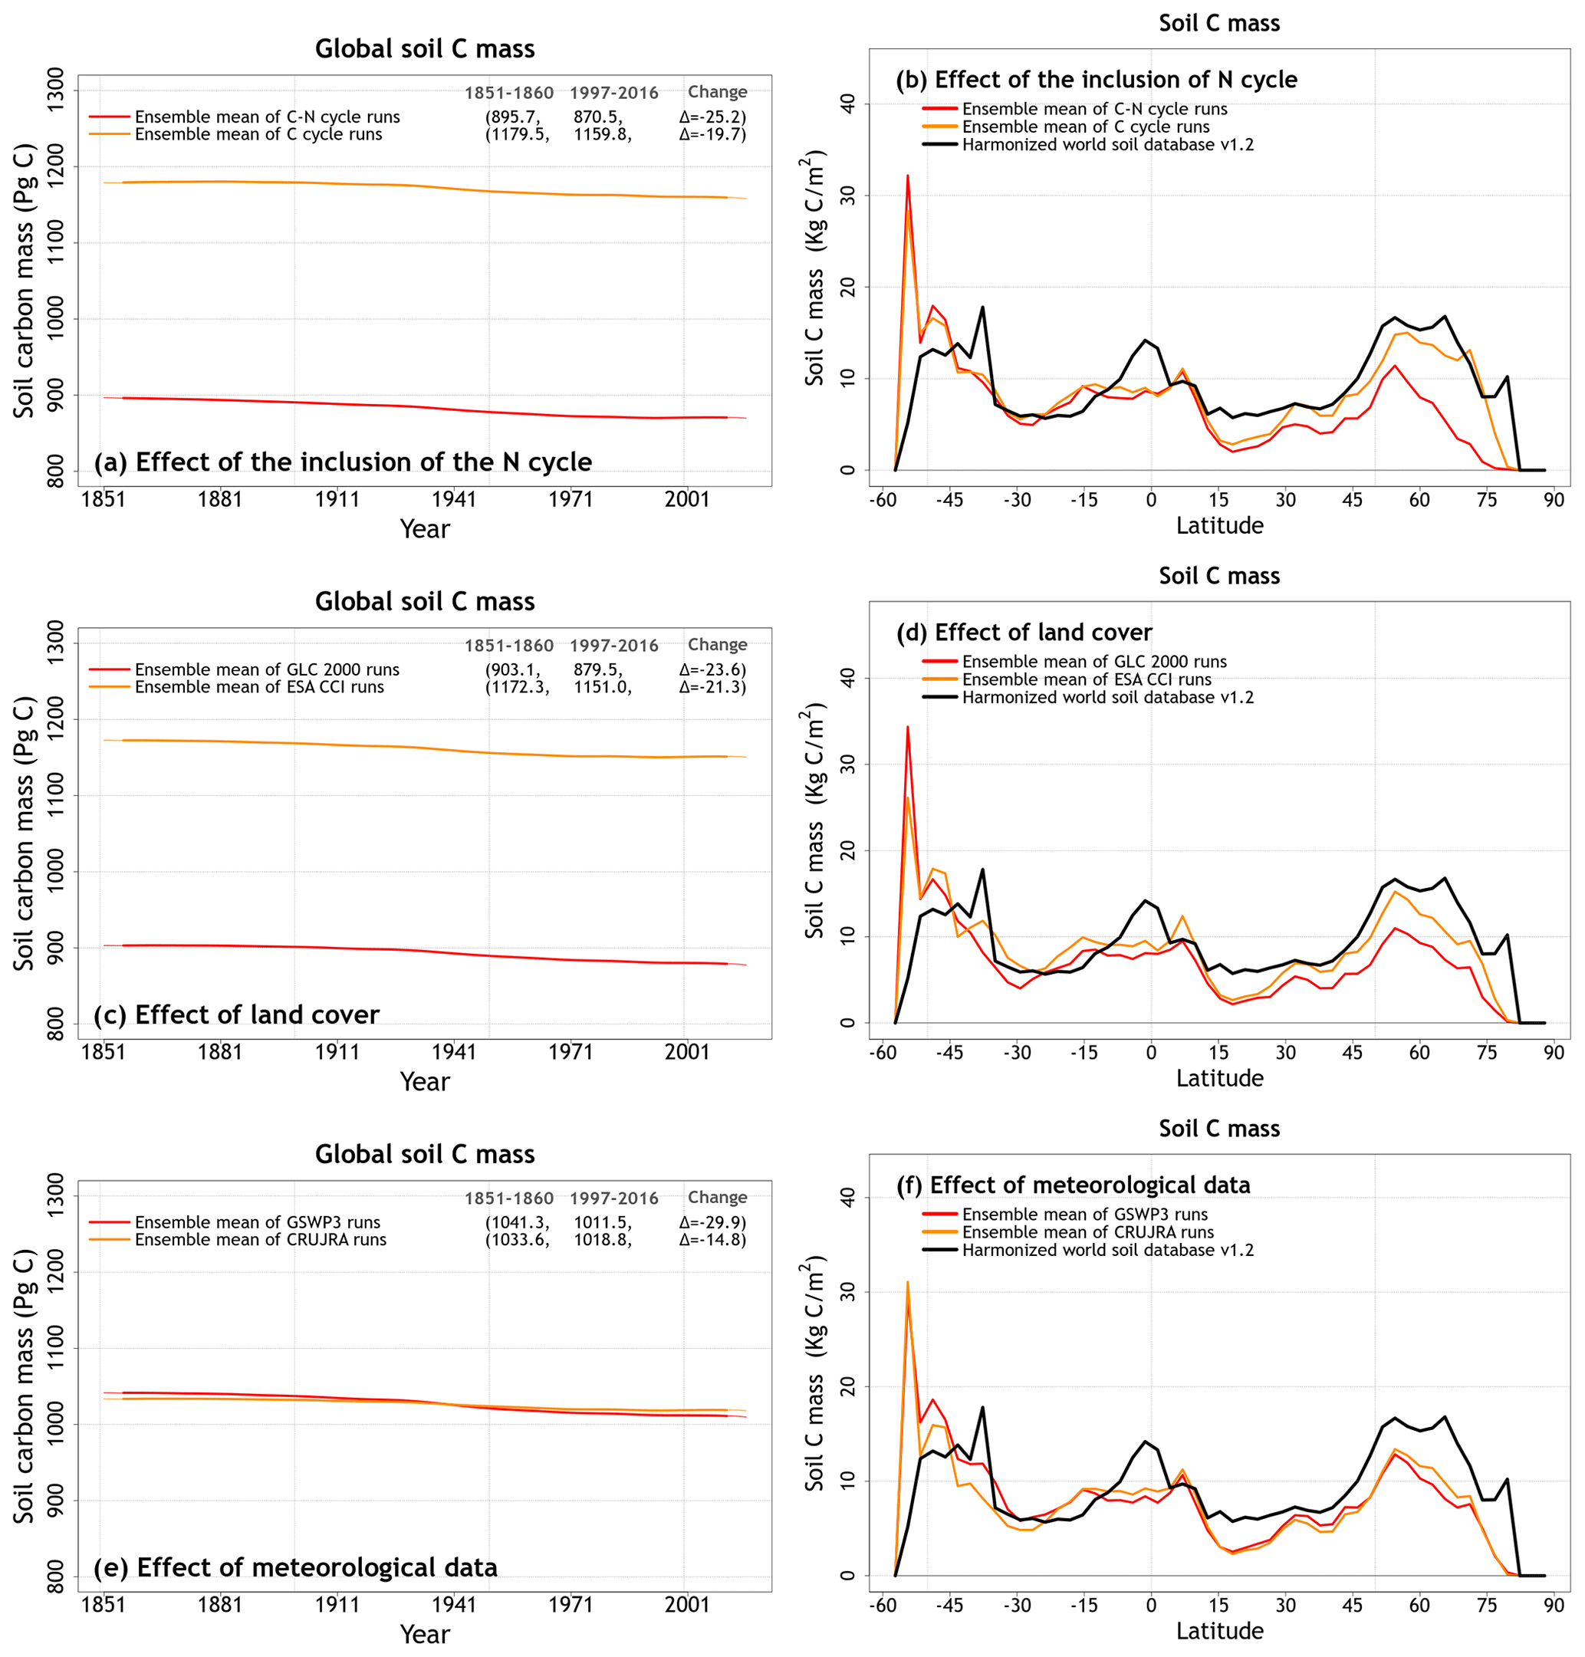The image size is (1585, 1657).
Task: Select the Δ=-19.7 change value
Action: point(712,134)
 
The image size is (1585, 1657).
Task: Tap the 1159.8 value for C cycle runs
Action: point(603,134)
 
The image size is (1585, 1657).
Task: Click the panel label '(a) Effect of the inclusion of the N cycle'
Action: point(342,462)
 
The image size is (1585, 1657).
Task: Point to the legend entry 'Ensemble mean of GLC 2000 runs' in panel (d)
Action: point(1094,662)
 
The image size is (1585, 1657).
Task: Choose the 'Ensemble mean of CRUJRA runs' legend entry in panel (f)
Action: point(1087,1232)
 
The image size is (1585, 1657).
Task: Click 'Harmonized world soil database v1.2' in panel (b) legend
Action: point(1107,144)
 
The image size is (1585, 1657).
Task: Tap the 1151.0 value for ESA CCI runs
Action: point(603,687)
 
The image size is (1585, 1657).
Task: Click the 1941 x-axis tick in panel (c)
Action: point(455,1052)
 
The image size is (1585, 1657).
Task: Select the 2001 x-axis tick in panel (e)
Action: point(687,1605)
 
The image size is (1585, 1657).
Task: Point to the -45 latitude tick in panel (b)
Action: point(949,499)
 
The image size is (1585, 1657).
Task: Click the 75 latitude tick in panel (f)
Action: point(1487,1605)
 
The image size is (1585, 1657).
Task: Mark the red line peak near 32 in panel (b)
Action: point(908,176)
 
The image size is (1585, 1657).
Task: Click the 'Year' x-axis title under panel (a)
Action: point(424,529)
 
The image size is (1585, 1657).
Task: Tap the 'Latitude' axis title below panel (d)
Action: point(1219,1078)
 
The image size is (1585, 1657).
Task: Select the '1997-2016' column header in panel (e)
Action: point(613,1198)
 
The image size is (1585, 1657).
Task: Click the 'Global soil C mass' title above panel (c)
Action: point(424,602)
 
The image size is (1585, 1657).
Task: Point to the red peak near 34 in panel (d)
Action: point(908,727)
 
